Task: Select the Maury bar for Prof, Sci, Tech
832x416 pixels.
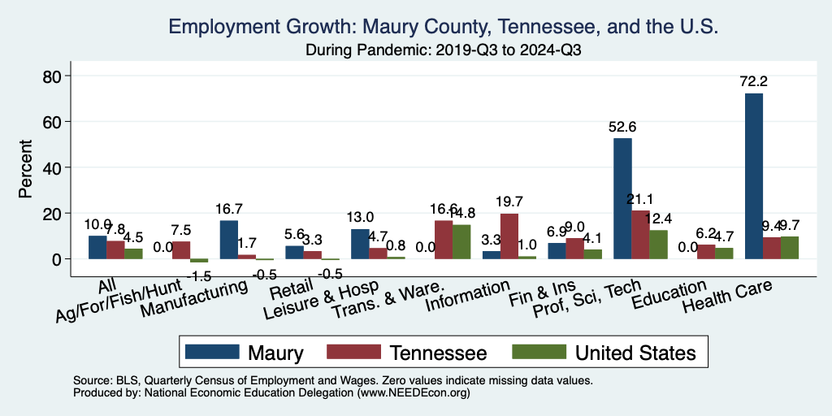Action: click(x=622, y=198)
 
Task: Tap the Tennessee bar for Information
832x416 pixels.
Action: click(x=509, y=236)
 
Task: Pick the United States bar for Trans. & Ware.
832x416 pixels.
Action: click(x=461, y=241)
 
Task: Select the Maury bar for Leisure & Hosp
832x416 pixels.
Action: click(x=360, y=244)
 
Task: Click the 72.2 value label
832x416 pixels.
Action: click(x=754, y=82)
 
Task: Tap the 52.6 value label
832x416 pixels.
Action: click(x=623, y=127)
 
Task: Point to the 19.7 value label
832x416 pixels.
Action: click(x=509, y=202)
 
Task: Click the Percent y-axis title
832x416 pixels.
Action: click(x=27, y=167)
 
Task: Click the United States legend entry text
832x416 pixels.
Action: click(x=635, y=353)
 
